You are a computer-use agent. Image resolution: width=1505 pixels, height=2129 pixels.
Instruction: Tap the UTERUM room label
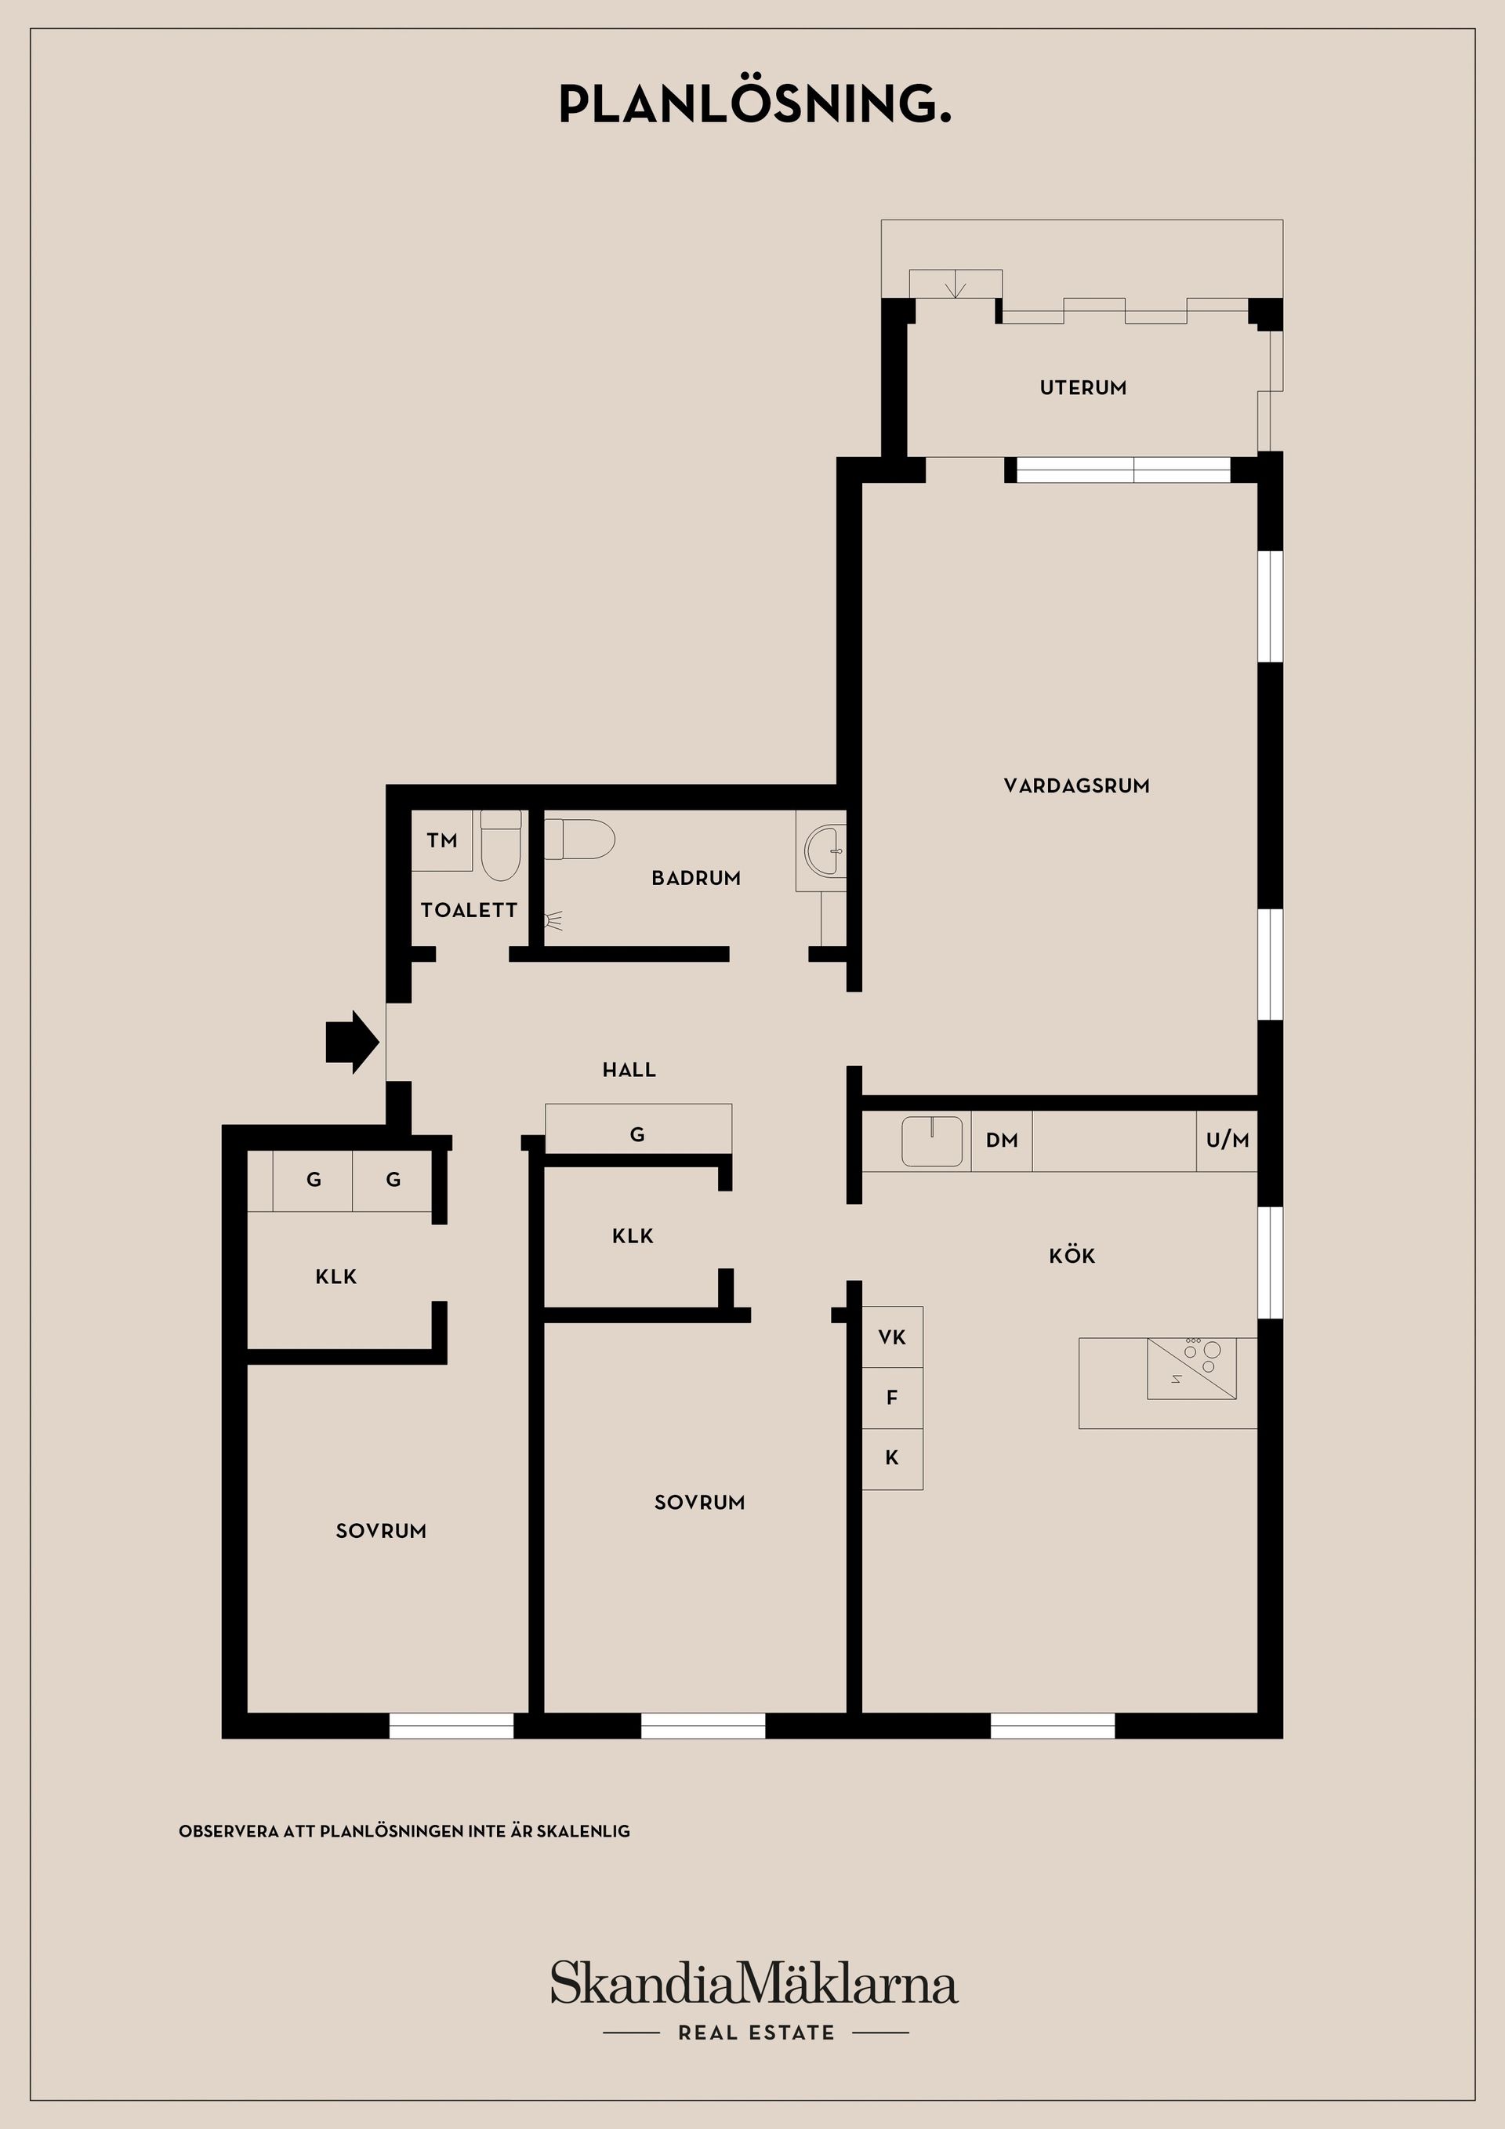1083,387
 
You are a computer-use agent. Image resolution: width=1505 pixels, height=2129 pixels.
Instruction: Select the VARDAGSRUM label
1076,786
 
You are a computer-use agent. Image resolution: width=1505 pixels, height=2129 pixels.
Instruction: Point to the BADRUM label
696,878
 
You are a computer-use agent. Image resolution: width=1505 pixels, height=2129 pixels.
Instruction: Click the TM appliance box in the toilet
442,840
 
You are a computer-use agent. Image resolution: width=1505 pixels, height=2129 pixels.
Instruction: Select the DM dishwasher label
1002,1141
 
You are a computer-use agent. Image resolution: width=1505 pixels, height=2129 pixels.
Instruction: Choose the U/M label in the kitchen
1228,1141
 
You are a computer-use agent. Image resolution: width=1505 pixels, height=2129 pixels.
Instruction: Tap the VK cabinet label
892,1337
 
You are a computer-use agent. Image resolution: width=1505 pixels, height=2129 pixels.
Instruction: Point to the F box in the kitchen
892,1398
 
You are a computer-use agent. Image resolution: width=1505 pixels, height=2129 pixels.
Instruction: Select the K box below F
892,1459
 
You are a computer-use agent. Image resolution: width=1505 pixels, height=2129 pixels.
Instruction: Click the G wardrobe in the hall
638,1130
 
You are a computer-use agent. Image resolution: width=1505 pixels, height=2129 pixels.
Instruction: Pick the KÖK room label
1072,1256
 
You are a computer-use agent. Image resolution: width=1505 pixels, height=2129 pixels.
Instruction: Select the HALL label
629,1070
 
